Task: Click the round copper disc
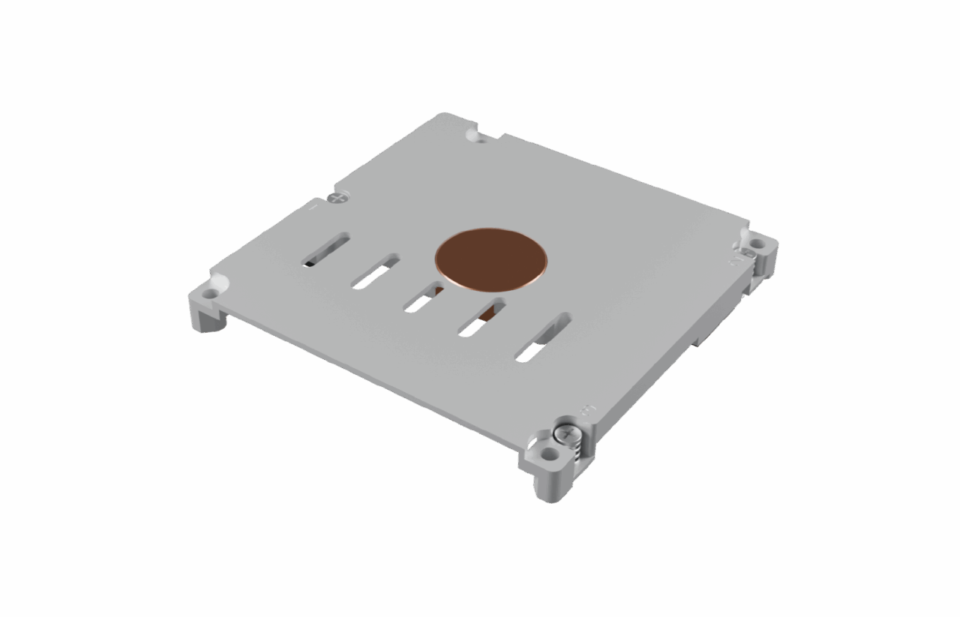coord(491,258)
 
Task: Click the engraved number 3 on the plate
coord(587,410)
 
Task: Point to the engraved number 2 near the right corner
coord(736,261)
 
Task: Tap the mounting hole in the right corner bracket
coord(757,244)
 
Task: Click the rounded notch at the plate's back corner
coord(472,135)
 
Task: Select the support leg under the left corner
coord(209,319)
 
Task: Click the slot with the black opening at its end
coord(325,249)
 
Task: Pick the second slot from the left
coord(375,271)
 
